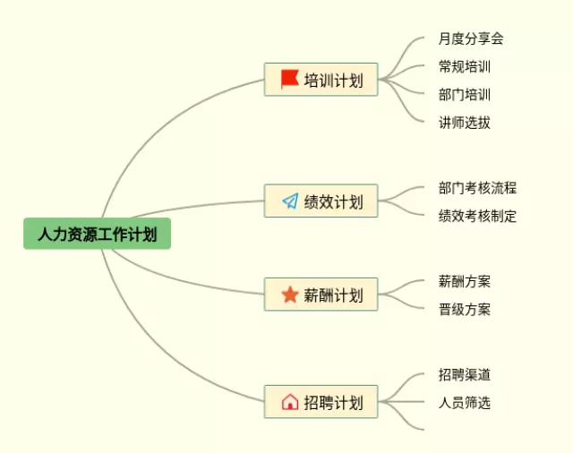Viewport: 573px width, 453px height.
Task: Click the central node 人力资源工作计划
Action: point(97,235)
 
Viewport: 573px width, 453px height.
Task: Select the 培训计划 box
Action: point(321,80)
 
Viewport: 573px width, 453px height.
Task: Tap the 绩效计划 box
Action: point(321,201)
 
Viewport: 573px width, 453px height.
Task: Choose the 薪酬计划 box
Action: point(321,295)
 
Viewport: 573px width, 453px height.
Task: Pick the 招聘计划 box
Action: point(321,402)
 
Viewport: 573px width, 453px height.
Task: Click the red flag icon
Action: point(289,80)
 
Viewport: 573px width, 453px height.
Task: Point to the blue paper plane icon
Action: point(289,201)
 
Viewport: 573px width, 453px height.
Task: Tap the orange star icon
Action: point(289,295)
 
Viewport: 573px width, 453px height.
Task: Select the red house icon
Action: point(289,402)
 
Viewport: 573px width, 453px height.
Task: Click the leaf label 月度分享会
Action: point(471,38)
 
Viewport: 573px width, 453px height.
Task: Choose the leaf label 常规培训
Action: point(465,66)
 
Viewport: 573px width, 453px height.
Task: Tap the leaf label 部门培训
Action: point(465,94)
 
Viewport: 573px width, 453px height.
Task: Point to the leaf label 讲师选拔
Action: point(465,123)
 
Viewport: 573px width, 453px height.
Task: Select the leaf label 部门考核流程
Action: point(477,188)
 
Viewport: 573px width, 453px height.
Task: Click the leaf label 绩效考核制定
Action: point(477,216)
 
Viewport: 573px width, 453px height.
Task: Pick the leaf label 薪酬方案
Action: point(465,281)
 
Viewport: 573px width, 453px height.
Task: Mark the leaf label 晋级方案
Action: point(465,310)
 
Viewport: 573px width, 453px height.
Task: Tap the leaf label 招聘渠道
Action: point(465,374)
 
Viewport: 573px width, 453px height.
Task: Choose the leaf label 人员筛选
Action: point(465,403)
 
